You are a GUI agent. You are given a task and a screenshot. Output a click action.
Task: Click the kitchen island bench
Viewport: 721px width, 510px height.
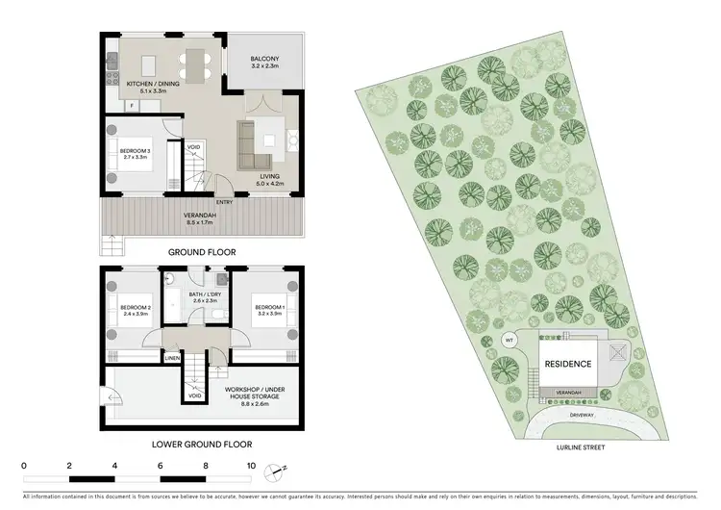149,64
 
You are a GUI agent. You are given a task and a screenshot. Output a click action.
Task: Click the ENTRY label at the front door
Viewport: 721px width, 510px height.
225,202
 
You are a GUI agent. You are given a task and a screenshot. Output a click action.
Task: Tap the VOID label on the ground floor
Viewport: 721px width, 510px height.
194,147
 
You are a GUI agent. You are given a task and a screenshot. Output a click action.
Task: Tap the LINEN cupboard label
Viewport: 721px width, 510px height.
172,359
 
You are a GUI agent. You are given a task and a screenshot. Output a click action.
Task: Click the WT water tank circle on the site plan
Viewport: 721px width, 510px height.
510,340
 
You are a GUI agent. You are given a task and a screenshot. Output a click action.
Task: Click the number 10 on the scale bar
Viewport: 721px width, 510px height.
251,466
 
